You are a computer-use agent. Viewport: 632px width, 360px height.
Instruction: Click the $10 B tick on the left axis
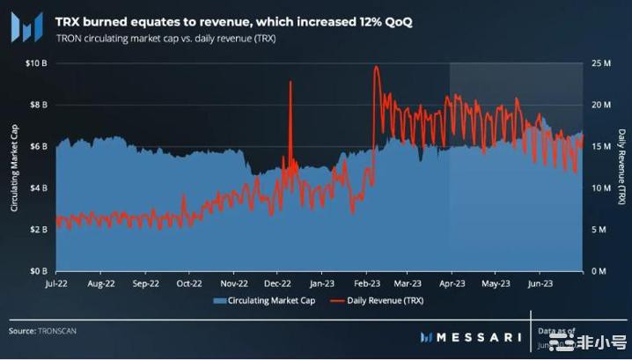click(35, 63)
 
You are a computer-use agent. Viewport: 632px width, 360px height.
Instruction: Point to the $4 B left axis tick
click(38, 187)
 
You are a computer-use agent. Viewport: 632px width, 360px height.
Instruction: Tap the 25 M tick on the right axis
click(602, 63)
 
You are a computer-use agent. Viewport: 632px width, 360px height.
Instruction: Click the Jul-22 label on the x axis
click(67, 284)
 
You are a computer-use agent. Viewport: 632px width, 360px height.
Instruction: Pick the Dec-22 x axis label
click(277, 284)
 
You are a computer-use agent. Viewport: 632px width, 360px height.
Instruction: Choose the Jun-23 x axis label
click(540, 284)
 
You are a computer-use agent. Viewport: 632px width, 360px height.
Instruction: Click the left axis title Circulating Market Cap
click(14, 167)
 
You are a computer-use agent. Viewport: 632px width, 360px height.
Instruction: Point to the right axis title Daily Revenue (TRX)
click(621, 167)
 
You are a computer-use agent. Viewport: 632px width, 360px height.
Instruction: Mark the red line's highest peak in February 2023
click(376, 67)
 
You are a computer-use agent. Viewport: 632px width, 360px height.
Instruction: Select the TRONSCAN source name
click(61, 331)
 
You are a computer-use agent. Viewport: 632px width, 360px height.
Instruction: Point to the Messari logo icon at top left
click(26, 26)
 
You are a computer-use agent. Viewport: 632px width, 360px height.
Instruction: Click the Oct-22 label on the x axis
click(189, 284)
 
